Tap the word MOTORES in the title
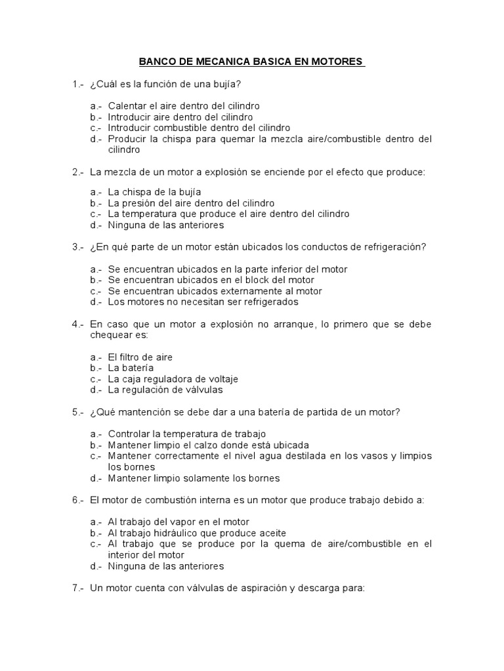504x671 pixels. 339,62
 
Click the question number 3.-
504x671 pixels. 79,247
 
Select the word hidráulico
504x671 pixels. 178,533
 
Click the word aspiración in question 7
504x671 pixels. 249,588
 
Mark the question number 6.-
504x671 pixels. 79,500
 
